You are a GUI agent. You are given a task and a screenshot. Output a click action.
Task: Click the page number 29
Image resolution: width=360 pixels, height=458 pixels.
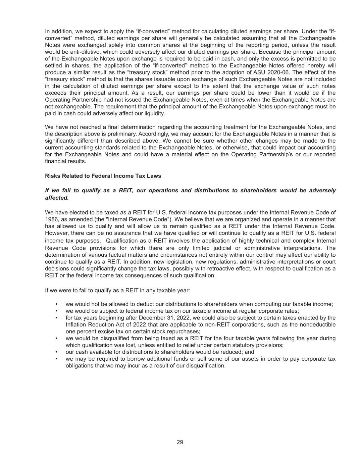[180, 442]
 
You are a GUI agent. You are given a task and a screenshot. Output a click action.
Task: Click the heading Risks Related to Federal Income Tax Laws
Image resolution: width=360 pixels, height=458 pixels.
[103, 176]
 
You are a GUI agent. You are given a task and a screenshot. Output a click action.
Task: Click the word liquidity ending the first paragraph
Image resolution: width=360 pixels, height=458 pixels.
[154, 113]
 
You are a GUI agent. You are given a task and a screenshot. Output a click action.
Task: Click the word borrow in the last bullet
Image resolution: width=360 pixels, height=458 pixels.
[138, 359]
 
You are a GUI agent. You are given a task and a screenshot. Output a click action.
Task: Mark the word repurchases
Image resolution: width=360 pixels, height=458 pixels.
[185, 332]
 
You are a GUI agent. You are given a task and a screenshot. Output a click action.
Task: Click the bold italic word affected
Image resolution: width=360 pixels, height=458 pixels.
[57, 198]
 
